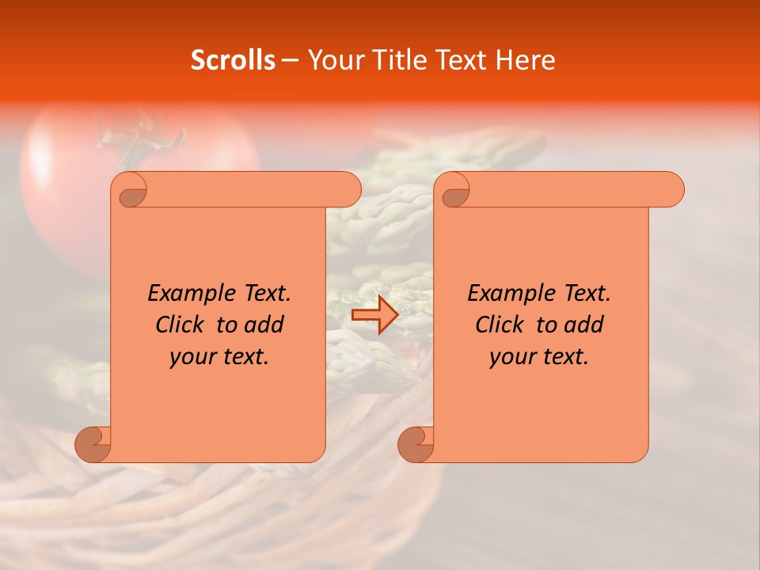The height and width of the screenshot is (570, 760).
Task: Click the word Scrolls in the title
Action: pos(233,60)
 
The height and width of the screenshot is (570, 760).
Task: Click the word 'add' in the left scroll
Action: pos(264,325)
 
